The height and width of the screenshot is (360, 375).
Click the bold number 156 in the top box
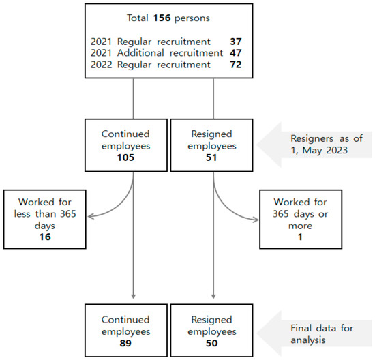[162, 18]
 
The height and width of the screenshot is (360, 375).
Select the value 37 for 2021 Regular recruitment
[236, 42]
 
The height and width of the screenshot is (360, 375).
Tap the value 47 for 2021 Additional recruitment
[236, 53]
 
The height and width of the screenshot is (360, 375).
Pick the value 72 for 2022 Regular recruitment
[236, 65]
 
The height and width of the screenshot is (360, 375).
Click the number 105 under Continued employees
[125, 157]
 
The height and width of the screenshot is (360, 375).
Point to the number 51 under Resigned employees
[211, 157]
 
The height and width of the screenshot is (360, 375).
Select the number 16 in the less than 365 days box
[45, 237]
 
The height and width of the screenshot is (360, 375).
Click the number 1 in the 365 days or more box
[300, 237]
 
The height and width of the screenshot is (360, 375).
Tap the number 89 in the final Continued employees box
[125, 343]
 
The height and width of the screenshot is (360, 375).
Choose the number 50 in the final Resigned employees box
[211, 343]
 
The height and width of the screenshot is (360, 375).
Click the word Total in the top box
[138, 18]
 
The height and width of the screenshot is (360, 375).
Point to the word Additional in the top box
[140, 53]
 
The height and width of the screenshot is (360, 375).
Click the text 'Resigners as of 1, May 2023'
[327, 145]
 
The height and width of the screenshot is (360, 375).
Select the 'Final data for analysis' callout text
[322, 334]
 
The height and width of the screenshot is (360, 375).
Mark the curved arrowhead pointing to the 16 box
[91, 217]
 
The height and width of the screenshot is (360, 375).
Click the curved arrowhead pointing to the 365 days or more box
[256, 220]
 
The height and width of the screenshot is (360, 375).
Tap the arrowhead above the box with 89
[134, 296]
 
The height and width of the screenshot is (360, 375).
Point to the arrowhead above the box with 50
[213, 296]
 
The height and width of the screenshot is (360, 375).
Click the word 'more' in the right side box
[301, 226]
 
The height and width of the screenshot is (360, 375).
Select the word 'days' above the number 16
[45, 226]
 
